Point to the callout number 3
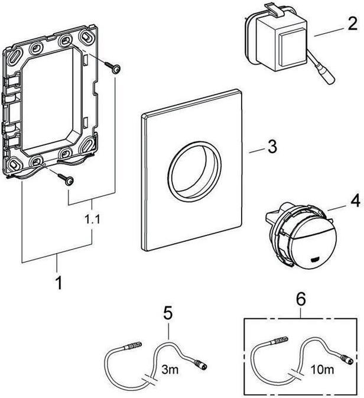click(272, 146)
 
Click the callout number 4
click(353, 200)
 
